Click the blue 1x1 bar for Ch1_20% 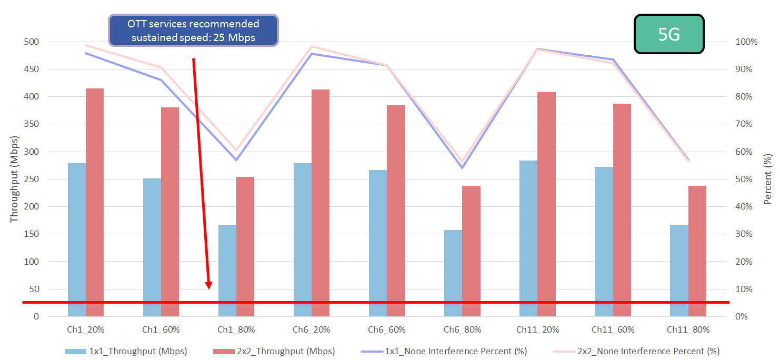coord(77,239)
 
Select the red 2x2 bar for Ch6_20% coord(321,203)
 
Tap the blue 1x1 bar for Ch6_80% coord(453,273)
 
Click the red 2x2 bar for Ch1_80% coord(245,246)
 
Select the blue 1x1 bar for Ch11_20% coord(528,238)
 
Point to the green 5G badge coord(669,34)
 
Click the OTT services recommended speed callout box coord(193,31)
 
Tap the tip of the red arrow coord(209,288)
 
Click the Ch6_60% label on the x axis coord(387,330)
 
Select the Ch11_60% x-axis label coord(613,330)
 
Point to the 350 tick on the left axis coord(31,124)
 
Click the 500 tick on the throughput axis coord(31,42)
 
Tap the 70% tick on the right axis coord(745,124)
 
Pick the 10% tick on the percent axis coord(745,289)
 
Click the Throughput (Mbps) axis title coord(14,179)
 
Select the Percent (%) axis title coord(768,179)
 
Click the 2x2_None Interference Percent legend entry coord(648,351)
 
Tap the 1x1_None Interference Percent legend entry coord(456,351)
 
